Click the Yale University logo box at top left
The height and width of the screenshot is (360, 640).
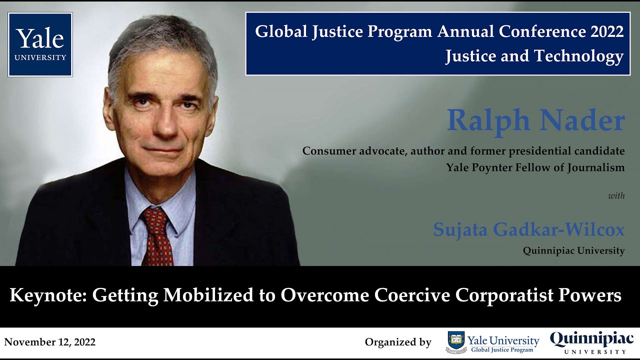click(40, 44)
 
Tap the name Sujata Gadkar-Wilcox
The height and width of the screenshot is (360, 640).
click(529, 230)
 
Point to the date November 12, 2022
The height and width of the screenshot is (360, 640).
click(49, 342)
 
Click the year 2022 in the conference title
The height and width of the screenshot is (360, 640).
click(606, 31)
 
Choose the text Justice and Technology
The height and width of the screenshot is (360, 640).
click(534, 56)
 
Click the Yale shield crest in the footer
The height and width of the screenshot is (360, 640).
click(455, 342)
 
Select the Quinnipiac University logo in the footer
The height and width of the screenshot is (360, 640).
click(591, 342)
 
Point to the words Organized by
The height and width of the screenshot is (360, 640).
click(398, 342)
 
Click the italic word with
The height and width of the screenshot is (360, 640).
click(616, 196)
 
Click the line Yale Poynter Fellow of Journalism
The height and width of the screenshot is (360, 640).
click(535, 167)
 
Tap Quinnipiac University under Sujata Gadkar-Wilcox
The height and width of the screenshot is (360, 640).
click(573, 250)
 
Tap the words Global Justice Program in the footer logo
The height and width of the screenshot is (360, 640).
click(502, 350)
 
